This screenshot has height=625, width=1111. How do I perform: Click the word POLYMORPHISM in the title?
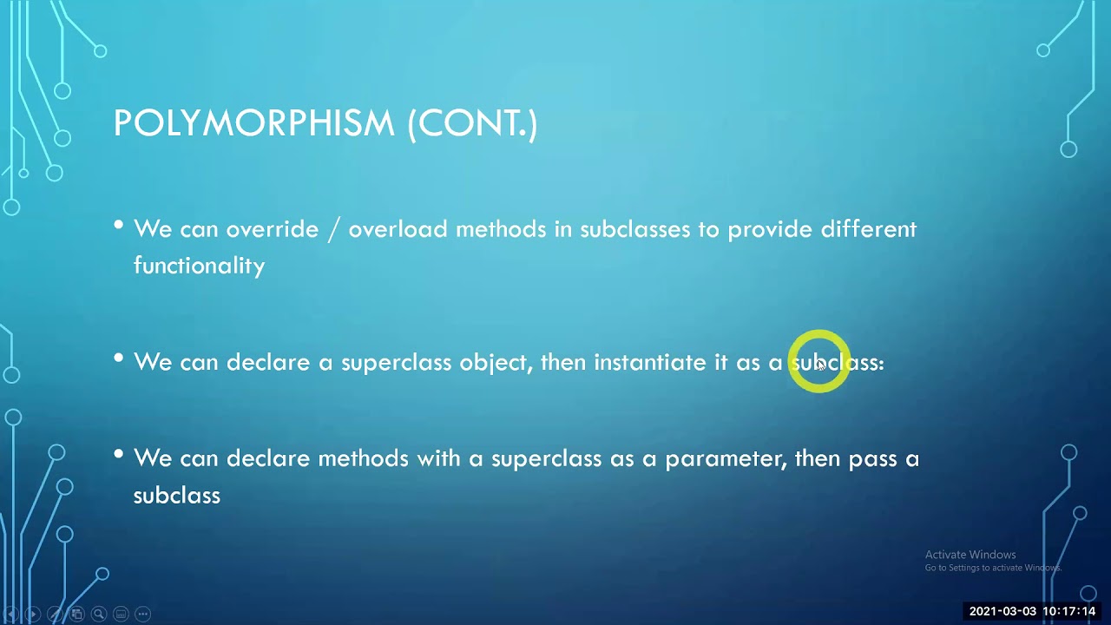(x=253, y=123)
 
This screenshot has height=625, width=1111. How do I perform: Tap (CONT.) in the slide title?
(x=472, y=123)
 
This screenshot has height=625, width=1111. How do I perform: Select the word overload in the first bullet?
(x=398, y=229)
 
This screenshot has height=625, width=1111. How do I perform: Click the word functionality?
(x=199, y=266)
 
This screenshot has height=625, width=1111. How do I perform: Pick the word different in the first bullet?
(x=868, y=229)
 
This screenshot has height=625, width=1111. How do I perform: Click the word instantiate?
(x=650, y=362)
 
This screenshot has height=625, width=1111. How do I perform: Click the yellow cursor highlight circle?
(x=819, y=361)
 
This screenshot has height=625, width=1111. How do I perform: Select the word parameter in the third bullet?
(x=729, y=459)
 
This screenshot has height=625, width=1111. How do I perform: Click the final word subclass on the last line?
(x=176, y=496)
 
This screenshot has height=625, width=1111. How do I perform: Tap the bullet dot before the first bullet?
(x=119, y=226)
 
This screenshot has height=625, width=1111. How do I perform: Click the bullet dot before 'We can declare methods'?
(x=119, y=455)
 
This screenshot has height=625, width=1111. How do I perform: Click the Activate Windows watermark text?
(x=970, y=555)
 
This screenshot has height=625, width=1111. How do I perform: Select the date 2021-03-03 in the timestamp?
(x=1002, y=611)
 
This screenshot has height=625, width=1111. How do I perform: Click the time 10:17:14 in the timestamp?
(x=1068, y=611)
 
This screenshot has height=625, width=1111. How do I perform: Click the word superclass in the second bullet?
(x=396, y=363)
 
